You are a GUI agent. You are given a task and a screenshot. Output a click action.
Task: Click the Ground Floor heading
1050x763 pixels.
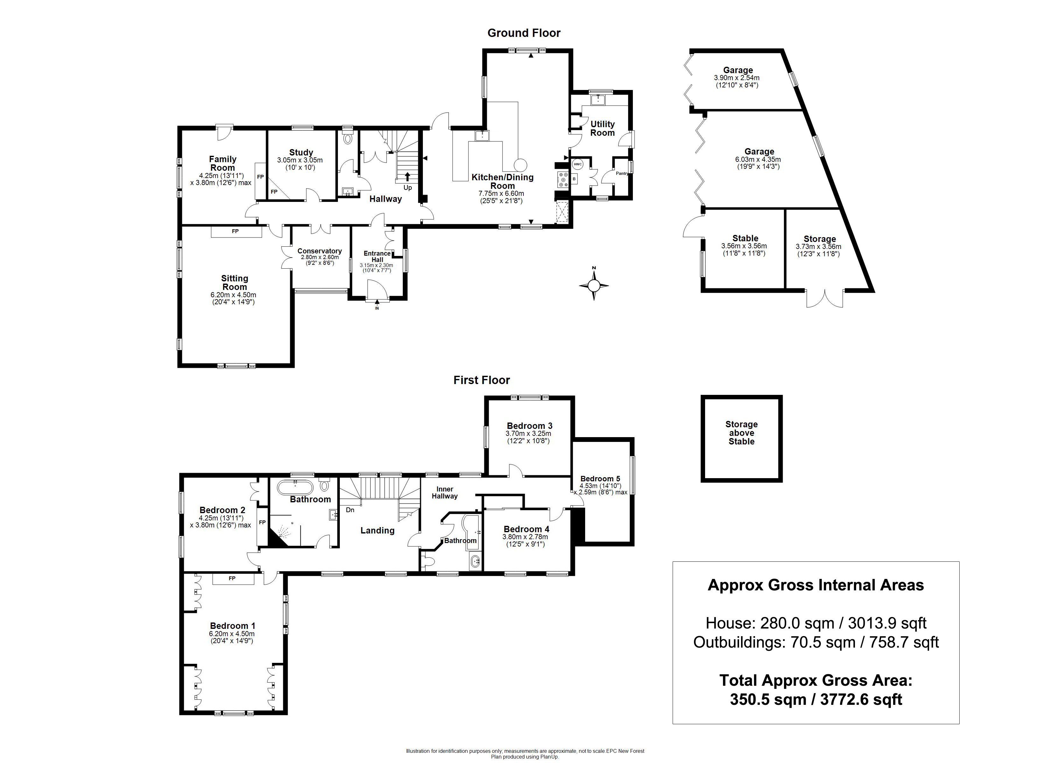click(x=524, y=33)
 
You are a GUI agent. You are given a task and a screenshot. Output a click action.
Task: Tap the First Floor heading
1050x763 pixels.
click(x=481, y=380)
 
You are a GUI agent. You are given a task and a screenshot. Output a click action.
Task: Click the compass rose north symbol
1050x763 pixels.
click(x=594, y=285)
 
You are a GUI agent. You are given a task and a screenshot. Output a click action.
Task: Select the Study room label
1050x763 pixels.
click(x=301, y=152)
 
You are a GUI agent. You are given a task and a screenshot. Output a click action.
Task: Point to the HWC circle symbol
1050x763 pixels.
click(x=577, y=164)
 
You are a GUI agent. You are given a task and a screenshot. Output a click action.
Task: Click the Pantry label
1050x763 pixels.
click(x=622, y=174)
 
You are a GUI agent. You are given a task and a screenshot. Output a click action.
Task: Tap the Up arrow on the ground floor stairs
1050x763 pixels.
click(x=407, y=176)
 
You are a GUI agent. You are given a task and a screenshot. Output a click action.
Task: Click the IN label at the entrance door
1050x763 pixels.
click(x=377, y=308)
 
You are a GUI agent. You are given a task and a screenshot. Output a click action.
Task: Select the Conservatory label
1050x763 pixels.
click(x=319, y=251)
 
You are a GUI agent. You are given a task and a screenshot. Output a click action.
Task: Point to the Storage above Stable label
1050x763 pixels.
click(x=741, y=433)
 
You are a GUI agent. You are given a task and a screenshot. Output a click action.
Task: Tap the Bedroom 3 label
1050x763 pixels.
click(x=529, y=426)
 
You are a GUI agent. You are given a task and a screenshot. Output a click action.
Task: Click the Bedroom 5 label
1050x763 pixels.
click(x=600, y=478)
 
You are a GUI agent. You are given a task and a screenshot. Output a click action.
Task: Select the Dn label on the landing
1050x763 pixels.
click(x=350, y=510)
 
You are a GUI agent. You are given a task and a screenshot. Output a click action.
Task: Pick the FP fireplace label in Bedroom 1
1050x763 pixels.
click(x=232, y=578)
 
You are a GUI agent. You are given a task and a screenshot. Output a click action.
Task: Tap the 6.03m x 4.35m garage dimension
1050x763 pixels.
click(x=758, y=159)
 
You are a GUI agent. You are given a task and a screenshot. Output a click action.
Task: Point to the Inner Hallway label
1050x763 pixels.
click(x=444, y=492)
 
